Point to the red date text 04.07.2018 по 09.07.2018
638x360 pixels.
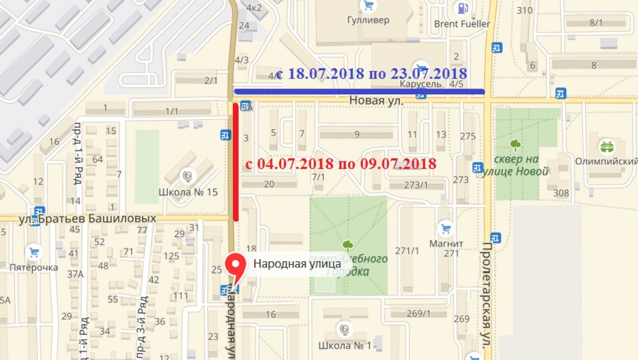341,164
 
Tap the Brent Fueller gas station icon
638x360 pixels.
462,8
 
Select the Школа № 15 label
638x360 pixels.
188,192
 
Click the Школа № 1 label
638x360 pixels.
345,345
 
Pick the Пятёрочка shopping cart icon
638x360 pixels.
34,252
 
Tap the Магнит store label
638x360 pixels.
446,243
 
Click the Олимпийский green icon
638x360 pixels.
606,146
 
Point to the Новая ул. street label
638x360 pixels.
376,101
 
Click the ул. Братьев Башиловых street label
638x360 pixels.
87,219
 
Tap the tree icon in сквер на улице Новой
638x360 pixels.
515,145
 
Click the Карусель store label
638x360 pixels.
420,85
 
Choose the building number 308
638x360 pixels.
561,193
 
